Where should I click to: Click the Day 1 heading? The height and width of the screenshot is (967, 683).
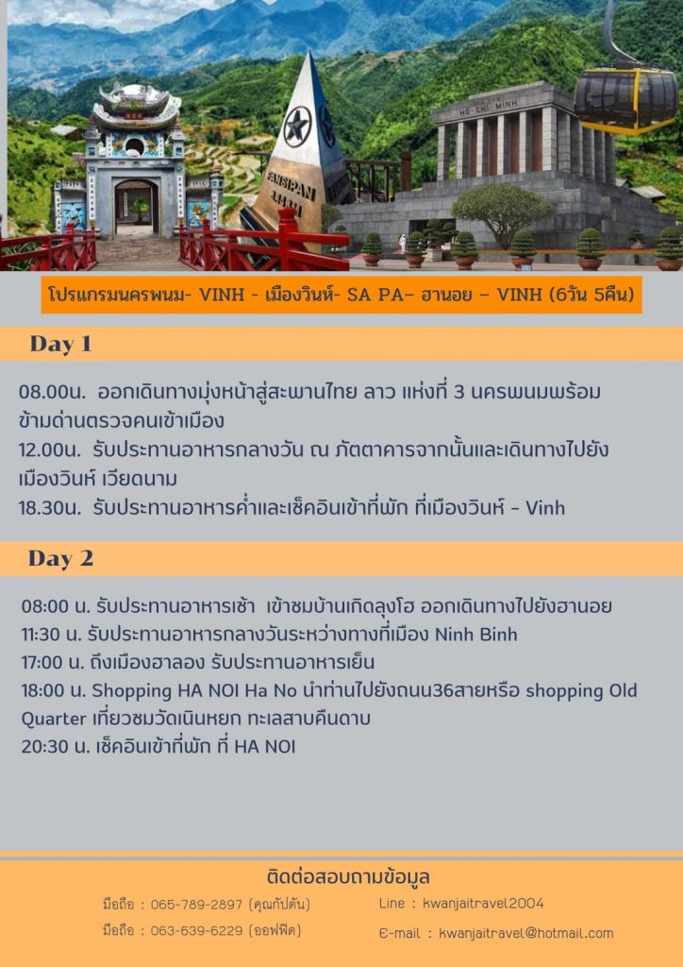click(x=60, y=344)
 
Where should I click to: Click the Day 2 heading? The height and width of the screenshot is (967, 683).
click(x=60, y=558)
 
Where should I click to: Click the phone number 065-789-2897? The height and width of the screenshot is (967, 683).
click(x=196, y=905)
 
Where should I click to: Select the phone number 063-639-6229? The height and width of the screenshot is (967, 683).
click(x=196, y=930)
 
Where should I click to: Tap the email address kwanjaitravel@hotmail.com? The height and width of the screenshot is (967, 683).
click(x=526, y=933)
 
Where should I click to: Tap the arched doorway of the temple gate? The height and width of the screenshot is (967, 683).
click(x=136, y=207)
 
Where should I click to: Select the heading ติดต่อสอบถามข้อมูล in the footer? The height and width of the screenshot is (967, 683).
click(x=349, y=877)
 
